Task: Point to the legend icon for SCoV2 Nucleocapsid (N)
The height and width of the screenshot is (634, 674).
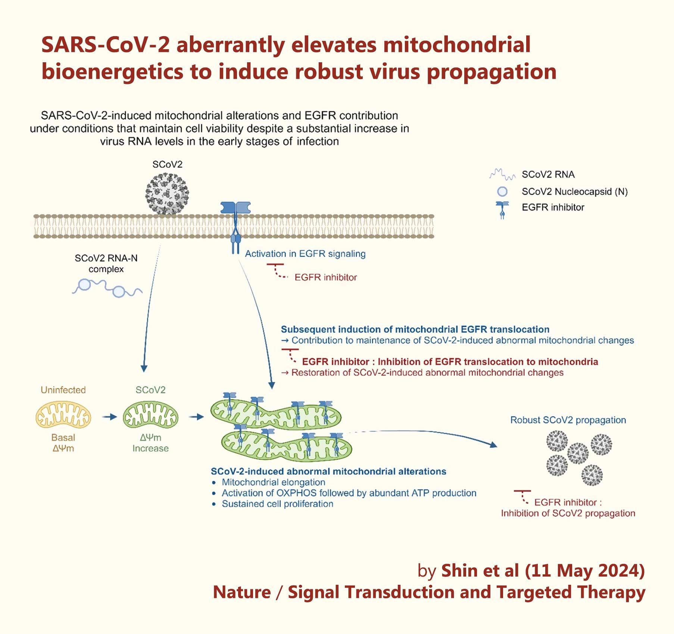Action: (502, 192)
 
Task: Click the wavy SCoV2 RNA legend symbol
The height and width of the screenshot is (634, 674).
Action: (502, 174)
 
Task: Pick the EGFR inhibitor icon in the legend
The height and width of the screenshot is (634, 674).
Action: (502, 209)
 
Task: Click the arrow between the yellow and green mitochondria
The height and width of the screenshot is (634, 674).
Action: (109, 417)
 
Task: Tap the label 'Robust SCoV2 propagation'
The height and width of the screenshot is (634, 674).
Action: (568, 420)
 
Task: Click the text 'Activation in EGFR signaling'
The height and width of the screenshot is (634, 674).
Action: (305, 254)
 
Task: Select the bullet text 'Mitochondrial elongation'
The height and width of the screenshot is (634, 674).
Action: (273, 482)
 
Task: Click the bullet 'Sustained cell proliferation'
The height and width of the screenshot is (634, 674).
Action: (277, 504)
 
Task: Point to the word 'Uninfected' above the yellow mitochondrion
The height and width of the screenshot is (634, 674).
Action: (63, 390)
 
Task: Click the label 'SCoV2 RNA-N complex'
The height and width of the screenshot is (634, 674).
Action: (106, 263)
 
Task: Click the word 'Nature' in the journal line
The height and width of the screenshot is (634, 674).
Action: (241, 592)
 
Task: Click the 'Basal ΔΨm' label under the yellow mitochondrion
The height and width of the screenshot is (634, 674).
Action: (63, 443)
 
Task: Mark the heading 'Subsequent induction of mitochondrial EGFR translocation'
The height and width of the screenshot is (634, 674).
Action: (415, 329)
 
